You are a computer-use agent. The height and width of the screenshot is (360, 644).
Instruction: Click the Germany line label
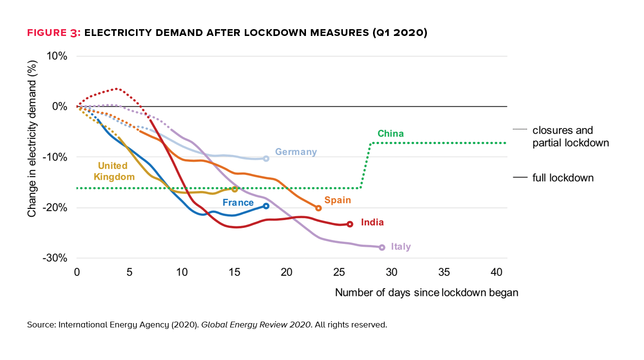[296, 152]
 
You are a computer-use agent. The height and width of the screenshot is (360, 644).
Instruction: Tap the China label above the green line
[390, 134]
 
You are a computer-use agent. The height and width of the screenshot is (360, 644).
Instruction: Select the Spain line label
[338, 200]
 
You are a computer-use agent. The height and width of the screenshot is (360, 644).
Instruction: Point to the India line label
[372, 223]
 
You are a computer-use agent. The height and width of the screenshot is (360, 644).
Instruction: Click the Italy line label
[401, 247]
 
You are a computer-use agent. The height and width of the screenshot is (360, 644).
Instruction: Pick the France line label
[238, 203]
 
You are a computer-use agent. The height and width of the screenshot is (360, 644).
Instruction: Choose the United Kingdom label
[116, 171]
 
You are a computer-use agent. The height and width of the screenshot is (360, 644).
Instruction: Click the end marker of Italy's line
[382, 247]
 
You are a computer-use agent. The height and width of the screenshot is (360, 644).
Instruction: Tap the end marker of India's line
[350, 224]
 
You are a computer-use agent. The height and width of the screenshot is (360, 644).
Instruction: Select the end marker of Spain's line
[318, 208]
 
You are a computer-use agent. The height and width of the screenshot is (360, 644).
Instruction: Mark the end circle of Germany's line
[266, 158]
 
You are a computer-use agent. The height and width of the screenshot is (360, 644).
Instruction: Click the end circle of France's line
[266, 206]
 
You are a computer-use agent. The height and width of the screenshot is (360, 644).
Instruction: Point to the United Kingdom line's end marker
[235, 189]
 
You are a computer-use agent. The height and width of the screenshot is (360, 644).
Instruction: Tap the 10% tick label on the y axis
[57, 56]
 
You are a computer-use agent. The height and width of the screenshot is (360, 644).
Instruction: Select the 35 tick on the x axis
[444, 272]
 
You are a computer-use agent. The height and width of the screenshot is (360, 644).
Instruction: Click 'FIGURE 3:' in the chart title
[54, 33]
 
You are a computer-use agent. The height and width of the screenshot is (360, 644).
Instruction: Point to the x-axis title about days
[426, 293]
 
